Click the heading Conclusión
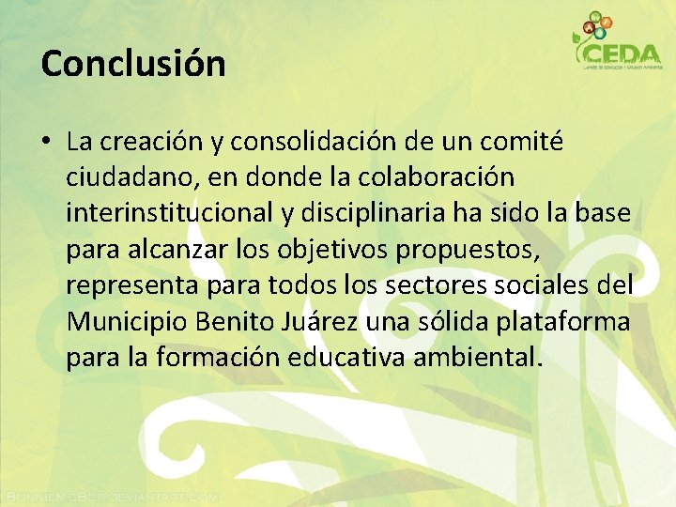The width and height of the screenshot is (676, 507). pos(133,64)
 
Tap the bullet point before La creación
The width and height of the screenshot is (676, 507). pos(45,143)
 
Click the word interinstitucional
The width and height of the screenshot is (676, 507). pos(169,213)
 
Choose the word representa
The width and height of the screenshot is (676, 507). pos(130,285)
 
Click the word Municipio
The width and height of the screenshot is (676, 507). pos(127,321)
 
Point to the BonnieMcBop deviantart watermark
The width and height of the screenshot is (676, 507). pos(111,495)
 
